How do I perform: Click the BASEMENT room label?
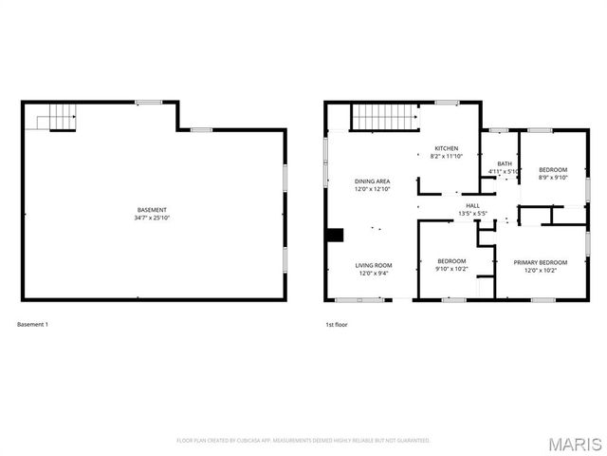coord(152,210)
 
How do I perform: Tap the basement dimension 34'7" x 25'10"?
coord(152,218)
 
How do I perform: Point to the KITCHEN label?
coord(447,149)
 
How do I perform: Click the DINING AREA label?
coord(372,180)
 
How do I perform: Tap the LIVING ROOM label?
coord(373,265)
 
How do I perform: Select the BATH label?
coord(504,163)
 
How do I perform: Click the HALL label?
coord(472,205)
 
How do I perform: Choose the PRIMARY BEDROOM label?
coord(540,262)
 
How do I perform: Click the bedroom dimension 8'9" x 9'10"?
coord(552,177)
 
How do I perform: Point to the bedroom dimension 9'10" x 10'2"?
coord(451,270)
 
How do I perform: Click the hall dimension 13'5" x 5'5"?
coord(472,214)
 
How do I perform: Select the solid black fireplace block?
coord(333,237)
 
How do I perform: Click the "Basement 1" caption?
coord(32,325)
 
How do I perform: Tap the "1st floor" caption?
coord(337,325)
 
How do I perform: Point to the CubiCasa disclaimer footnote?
coord(303,441)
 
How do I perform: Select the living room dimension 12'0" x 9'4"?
coord(373,274)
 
